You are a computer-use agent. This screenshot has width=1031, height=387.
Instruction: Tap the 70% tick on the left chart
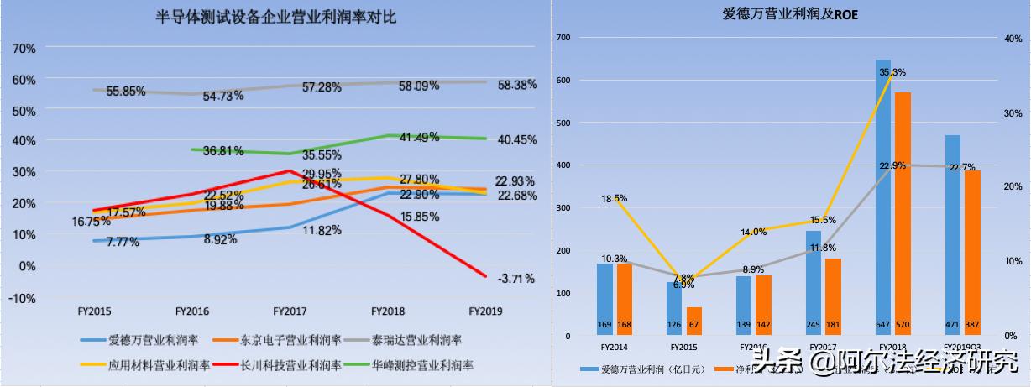pyautogui.click(x=24, y=49)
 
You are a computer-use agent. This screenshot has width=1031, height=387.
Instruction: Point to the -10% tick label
pyautogui.click(x=23, y=298)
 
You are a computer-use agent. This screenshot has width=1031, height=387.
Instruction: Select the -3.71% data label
pyautogui.click(x=515, y=278)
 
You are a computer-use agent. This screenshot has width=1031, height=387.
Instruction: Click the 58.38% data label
pyautogui.click(x=515, y=84)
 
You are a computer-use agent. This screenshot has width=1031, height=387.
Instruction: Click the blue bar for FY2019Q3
pyautogui.click(x=953, y=235)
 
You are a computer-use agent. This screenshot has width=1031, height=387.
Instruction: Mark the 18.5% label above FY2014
pyautogui.click(x=615, y=198)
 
